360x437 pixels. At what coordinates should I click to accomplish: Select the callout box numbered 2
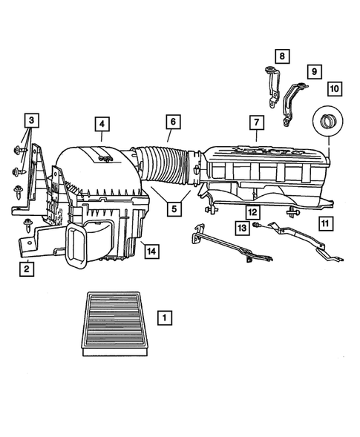(x=26, y=269)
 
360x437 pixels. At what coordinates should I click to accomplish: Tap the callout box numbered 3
(x=30, y=119)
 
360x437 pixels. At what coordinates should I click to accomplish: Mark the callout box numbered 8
(x=281, y=56)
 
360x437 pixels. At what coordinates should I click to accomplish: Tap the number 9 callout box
(x=314, y=71)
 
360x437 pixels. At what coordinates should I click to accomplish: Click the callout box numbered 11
(x=325, y=222)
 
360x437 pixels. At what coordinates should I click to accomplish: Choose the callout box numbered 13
(x=241, y=228)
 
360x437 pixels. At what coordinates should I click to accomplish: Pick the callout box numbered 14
(x=151, y=252)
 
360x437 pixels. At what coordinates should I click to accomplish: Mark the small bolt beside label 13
(x=255, y=225)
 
